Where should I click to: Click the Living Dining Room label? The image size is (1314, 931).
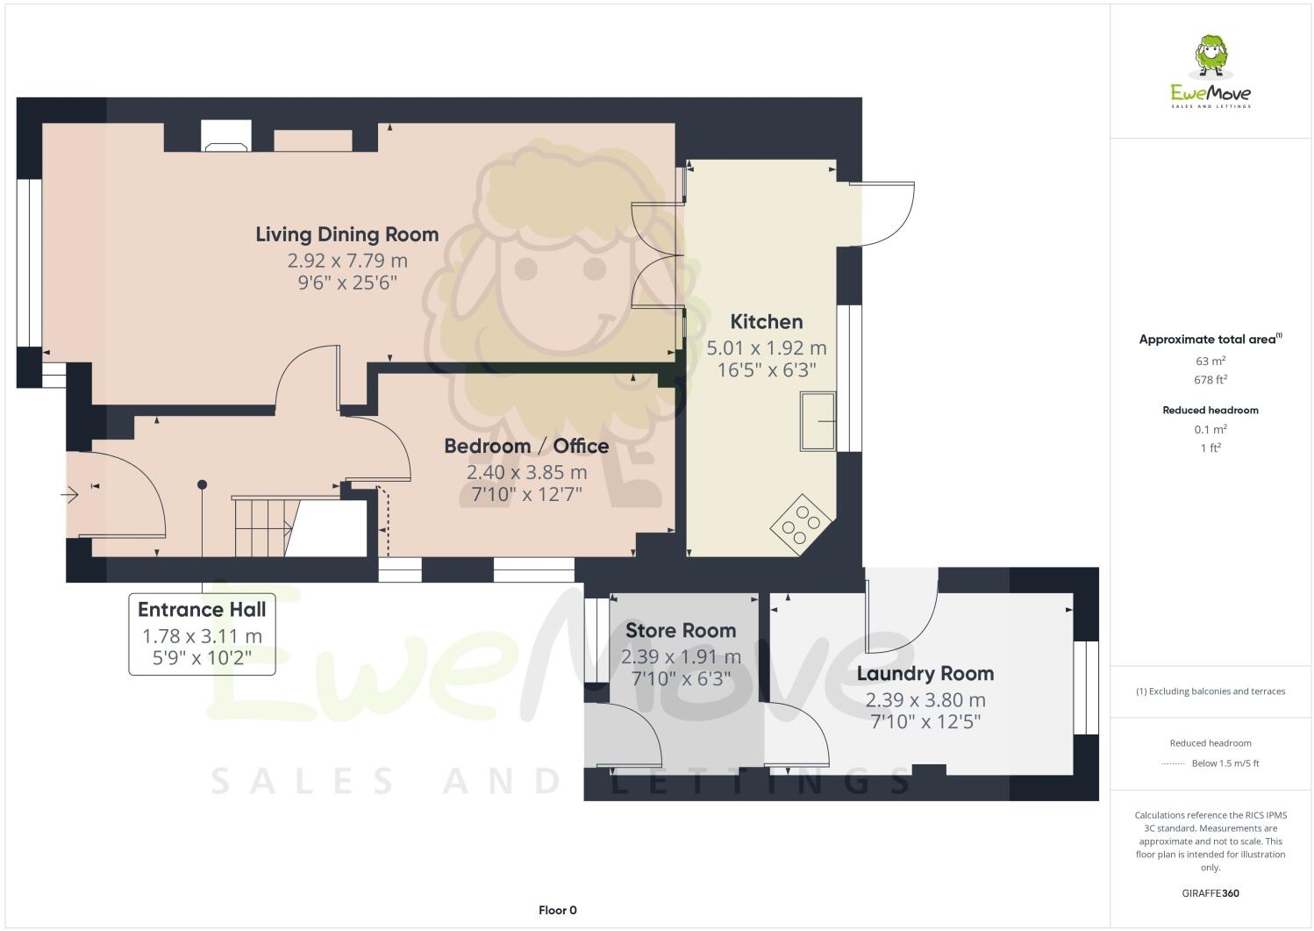347,234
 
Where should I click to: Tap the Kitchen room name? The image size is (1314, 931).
766,322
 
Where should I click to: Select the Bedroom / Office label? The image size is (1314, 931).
526,446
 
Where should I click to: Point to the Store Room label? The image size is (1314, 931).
680,630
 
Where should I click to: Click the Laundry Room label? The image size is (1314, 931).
925,674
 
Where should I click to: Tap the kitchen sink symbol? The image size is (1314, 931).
818,422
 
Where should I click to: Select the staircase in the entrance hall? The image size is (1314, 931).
262,526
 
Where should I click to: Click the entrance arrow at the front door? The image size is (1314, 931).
70,496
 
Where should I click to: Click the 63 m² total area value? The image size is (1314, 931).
1210,361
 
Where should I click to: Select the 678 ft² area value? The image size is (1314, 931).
1210,380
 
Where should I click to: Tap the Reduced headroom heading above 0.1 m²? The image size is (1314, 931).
1210,410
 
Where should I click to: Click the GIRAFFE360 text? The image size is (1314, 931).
1210,893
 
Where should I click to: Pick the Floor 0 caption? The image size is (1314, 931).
557,910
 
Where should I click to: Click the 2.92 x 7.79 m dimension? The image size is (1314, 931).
347,261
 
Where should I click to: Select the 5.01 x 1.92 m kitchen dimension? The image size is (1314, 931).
766,348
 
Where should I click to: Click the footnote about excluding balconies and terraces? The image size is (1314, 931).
1210,691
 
